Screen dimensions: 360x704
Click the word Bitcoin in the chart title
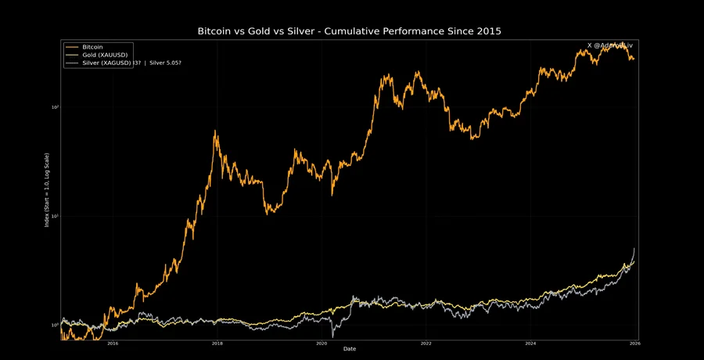tap(221, 31)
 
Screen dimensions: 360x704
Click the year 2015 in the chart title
tap(486, 31)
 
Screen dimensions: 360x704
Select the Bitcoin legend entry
tap(93, 47)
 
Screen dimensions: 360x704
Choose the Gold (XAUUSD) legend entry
tap(106, 54)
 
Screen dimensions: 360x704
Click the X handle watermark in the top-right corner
tap(609, 45)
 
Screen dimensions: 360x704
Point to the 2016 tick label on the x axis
tap(113, 344)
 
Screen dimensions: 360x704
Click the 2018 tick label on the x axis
tap(217, 344)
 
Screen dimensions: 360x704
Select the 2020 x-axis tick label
tap(321, 344)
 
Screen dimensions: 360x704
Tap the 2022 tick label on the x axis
tap(426, 344)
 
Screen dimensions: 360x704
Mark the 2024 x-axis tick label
tap(531, 344)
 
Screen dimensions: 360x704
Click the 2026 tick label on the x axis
tap(635, 344)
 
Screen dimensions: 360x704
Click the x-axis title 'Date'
tap(350, 349)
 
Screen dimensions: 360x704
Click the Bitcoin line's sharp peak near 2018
tap(216, 131)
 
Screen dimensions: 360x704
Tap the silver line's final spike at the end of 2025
tap(634, 249)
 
